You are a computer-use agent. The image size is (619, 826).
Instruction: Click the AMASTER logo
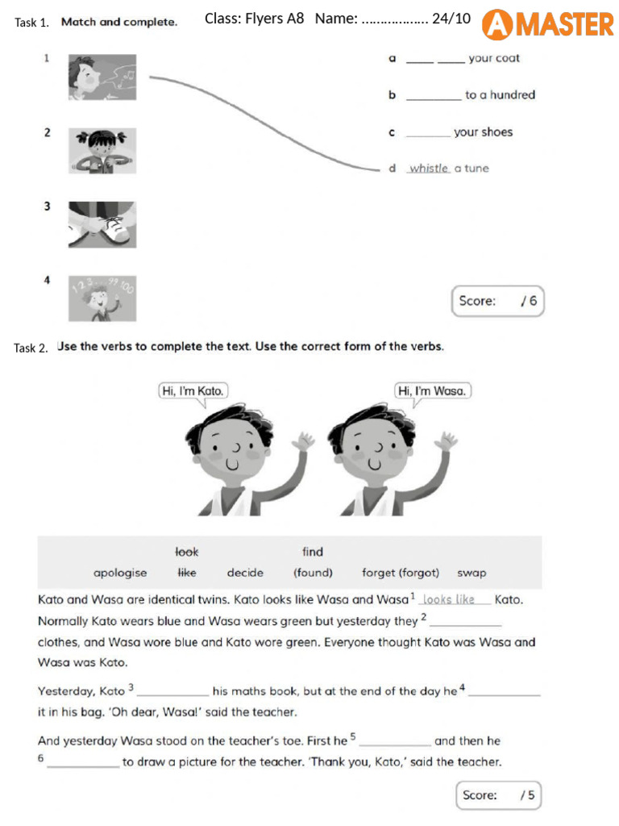pyautogui.click(x=547, y=24)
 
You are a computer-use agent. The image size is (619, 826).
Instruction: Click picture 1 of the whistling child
pyautogui.click(x=102, y=77)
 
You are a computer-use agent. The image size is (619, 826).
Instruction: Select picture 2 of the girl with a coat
pyautogui.click(x=102, y=150)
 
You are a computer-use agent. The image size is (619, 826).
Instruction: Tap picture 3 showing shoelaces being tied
pyautogui.click(x=102, y=224)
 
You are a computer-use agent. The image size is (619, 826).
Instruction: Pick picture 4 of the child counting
pyautogui.click(x=102, y=298)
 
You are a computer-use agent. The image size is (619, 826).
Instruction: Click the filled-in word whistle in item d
pyautogui.click(x=428, y=169)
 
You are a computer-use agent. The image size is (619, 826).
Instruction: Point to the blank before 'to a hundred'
pyautogui.click(x=434, y=95)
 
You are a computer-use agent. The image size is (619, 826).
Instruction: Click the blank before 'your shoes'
pyautogui.click(x=428, y=132)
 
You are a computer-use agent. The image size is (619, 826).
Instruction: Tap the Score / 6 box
pyautogui.click(x=496, y=302)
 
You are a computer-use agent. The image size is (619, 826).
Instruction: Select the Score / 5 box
pyautogui.click(x=498, y=795)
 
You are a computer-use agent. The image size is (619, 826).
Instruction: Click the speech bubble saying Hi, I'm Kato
pyautogui.click(x=193, y=391)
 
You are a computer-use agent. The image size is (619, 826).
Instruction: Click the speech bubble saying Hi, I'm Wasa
pyautogui.click(x=432, y=391)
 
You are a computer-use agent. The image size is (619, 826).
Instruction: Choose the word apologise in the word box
pyautogui.click(x=120, y=574)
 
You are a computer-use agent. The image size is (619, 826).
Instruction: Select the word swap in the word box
pyautogui.click(x=472, y=574)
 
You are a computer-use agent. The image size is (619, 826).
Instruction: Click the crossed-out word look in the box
pyautogui.click(x=187, y=553)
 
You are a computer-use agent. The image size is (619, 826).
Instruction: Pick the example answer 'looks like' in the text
pyautogui.click(x=449, y=599)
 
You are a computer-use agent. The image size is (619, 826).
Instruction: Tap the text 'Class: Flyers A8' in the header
pyautogui.click(x=255, y=19)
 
